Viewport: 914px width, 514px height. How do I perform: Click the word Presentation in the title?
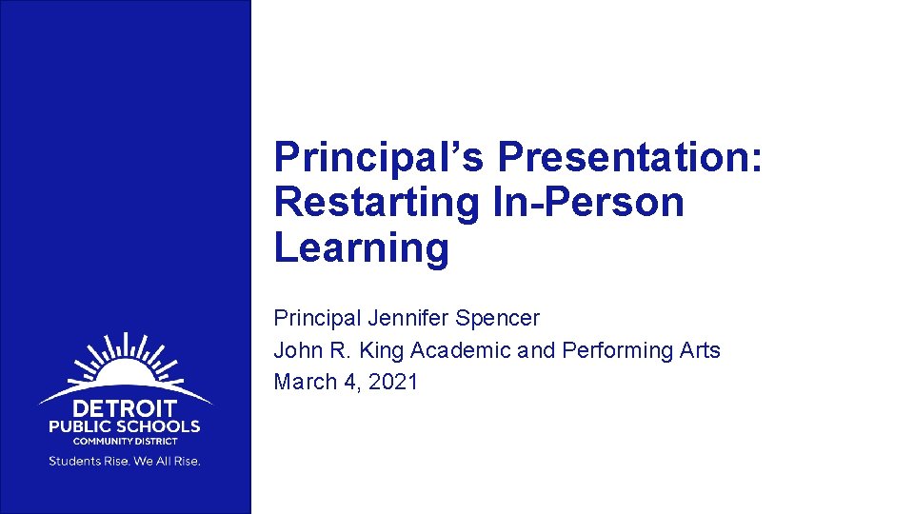(630, 157)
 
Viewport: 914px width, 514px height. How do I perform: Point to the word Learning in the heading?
(361, 247)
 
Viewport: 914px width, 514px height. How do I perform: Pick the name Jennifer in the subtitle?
(402, 318)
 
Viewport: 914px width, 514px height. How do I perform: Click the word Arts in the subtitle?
(700, 350)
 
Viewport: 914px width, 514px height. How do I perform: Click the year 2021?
(392, 382)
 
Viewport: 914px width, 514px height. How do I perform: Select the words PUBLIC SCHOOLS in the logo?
(125, 426)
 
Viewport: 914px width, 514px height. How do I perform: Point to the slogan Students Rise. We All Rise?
(125, 462)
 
